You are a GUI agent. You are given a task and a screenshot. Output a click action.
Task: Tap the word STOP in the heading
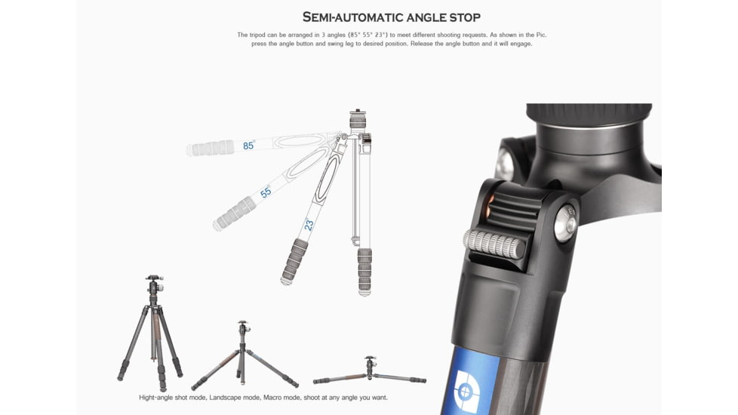coord(462,17)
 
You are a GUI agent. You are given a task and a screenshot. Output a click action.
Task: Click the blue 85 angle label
coord(248,146)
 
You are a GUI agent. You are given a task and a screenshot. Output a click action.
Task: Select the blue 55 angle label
coord(266,192)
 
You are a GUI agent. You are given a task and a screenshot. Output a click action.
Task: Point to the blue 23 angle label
coord(309,225)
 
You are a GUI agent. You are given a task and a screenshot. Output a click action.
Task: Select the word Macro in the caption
coord(287,398)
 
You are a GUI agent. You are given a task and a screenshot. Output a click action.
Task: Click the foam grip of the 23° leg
coord(294,261)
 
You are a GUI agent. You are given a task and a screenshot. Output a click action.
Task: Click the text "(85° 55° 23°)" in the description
coord(366,35)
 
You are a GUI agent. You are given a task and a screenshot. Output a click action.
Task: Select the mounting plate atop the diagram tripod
coord(356,112)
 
